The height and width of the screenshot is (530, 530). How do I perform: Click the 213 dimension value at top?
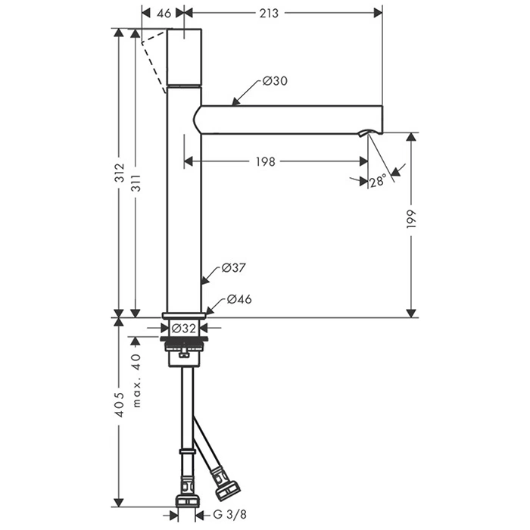click(269, 13)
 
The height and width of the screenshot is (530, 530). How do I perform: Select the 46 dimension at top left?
click(164, 13)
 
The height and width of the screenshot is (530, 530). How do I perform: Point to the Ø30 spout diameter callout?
click(275, 81)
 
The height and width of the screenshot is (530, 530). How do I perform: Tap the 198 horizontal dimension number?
click(265, 161)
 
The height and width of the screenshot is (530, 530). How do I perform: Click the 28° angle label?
click(378, 181)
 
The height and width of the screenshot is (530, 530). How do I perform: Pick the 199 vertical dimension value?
click(410, 219)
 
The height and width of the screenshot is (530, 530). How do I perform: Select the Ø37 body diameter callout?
click(233, 268)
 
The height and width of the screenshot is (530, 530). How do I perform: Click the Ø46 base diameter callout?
click(239, 299)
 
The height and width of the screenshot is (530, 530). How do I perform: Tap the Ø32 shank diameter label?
click(183, 328)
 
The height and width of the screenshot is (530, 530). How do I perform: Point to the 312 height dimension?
click(119, 173)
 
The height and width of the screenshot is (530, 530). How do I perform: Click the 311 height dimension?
click(136, 183)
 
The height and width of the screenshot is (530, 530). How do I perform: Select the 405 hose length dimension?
click(119, 404)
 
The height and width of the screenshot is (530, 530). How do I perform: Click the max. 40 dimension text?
click(136, 380)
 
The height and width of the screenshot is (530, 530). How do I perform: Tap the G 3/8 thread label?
click(230, 515)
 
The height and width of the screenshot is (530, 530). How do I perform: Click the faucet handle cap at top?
click(184, 57)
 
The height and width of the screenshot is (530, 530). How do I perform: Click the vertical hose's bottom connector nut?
click(187, 501)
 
